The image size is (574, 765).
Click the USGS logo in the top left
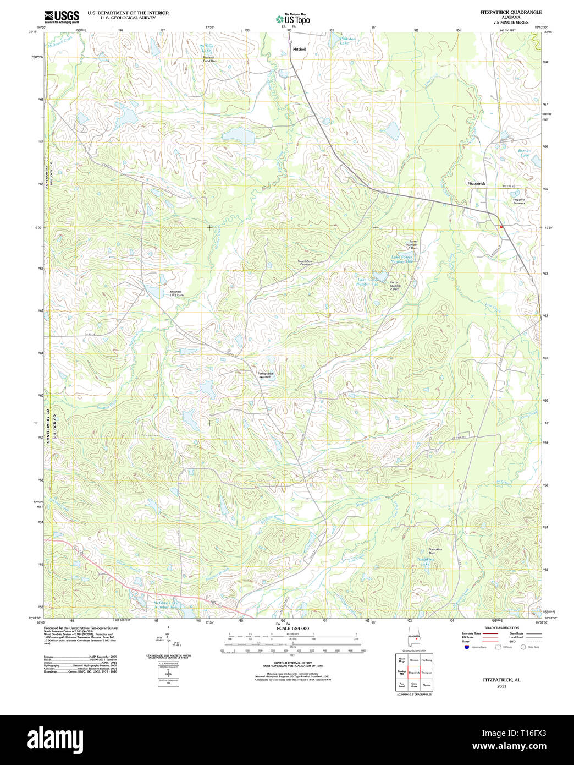(x=61, y=17)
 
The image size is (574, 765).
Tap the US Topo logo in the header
(x=292, y=19)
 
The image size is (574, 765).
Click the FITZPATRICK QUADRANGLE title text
(x=510, y=12)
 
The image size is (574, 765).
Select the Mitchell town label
(x=300, y=49)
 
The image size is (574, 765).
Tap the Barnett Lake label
(x=525, y=152)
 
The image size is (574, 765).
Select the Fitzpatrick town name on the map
(x=476, y=183)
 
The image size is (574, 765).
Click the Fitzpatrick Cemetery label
(x=518, y=201)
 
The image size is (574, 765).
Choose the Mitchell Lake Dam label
(x=176, y=293)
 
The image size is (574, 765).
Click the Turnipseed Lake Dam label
(x=264, y=375)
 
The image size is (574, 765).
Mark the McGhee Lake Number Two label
(x=165, y=604)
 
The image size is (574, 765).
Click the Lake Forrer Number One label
(x=401, y=259)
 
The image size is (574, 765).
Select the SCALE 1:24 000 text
(x=292, y=628)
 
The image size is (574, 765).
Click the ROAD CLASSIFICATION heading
(x=501, y=627)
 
